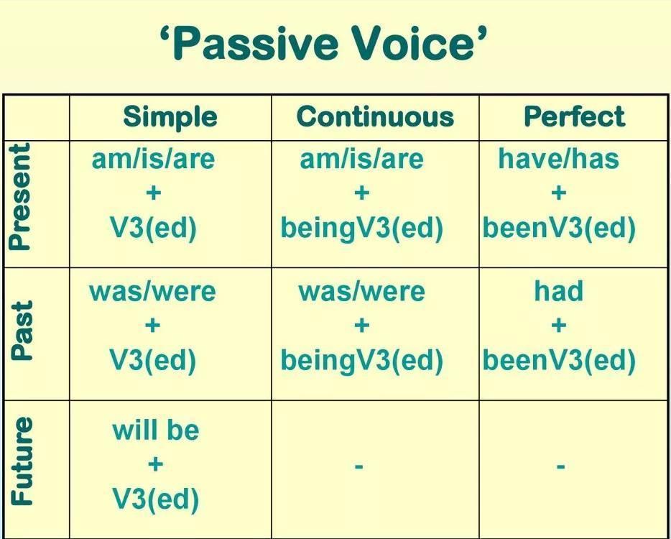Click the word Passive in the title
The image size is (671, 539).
(256, 43)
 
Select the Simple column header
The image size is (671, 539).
(170, 117)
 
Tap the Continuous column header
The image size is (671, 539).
(375, 117)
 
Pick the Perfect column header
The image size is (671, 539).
(574, 116)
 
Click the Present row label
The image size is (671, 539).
(21, 196)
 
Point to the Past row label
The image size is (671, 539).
(22, 331)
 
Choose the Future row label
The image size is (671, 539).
(22, 461)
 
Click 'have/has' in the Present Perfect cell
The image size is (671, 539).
(558, 159)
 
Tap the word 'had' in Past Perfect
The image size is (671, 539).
(558, 290)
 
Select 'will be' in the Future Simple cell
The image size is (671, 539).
(156, 430)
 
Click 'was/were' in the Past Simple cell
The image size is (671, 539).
(152, 292)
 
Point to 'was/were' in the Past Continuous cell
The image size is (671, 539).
(361, 292)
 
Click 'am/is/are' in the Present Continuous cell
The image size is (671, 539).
(361, 159)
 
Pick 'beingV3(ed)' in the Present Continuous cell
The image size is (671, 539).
(361, 229)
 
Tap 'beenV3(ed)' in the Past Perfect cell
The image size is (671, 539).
(559, 361)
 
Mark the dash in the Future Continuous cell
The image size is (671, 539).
(359, 466)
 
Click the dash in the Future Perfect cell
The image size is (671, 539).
(560, 466)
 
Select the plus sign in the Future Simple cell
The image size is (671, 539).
(155, 464)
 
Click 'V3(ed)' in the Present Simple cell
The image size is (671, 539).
(153, 229)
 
